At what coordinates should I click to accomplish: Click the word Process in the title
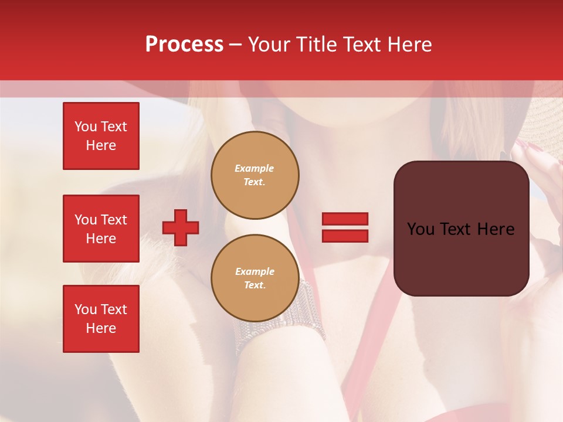point(184,45)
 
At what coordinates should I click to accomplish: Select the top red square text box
point(101,136)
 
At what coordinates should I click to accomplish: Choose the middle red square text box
point(101,229)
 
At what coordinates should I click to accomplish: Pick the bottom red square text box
point(101,319)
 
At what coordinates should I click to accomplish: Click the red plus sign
point(181,227)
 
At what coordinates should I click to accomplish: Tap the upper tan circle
point(255,175)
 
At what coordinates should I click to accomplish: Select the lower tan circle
point(255,278)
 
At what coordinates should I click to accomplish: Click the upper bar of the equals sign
point(345,219)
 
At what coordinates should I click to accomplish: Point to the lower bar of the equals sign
point(345,236)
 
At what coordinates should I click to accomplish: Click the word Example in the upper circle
point(254,168)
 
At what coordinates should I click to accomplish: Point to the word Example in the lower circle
point(255,271)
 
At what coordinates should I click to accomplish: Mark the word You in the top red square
point(86,127)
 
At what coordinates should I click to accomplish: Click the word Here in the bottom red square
point(101,328)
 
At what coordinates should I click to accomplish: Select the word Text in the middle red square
point(113,220)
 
